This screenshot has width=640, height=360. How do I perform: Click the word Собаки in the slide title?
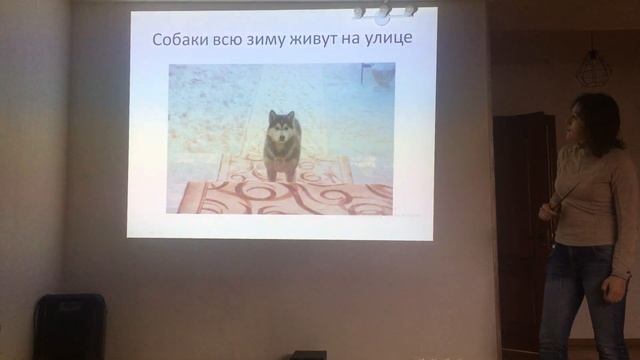click(x=179, y=41)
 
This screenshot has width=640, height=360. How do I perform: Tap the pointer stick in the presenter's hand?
click(x=564, y=194)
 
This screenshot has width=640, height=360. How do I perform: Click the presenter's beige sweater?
click(x=595, y=200)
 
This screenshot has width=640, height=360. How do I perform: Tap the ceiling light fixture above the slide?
click(x=384, y=11)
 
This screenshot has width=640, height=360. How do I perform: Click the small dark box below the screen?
click(x=308, y=355)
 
